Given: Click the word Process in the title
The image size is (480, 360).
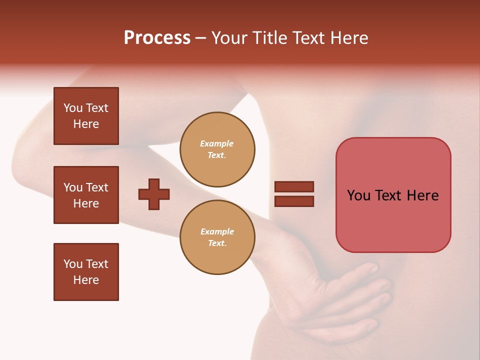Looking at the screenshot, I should click(157, 38).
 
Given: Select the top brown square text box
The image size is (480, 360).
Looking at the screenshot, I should click(86, 116).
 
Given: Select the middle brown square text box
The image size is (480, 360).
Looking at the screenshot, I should click(86, 195).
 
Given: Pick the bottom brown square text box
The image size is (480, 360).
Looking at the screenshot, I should click(86, 272).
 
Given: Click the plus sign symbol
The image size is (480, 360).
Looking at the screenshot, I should click(154, 194).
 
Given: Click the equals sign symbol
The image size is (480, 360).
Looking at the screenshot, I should click(294, 194).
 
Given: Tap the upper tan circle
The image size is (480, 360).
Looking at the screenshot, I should click(217, 149).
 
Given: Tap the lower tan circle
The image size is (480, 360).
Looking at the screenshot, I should click(217, 237).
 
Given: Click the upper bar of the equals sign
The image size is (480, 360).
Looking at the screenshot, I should click(294, 187).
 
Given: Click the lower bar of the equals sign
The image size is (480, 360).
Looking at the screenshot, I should click(294, 201).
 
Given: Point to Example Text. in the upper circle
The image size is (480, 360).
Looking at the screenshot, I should click(217, 149).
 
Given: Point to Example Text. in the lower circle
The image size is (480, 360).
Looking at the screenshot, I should click(217, 237).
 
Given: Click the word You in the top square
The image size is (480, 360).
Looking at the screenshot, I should click(73, 108).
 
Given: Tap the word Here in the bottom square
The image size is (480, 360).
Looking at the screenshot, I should click(86, 280).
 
